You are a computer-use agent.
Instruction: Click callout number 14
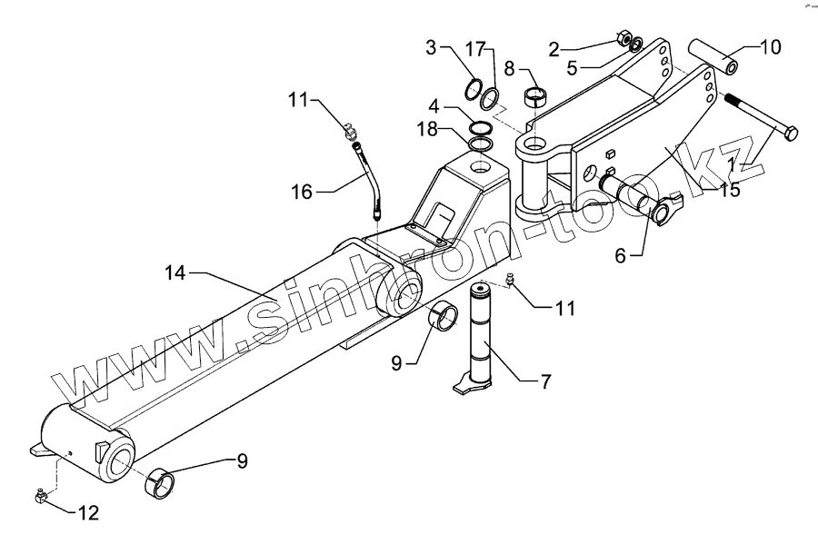[x=177, y=272]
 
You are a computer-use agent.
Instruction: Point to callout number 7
[x=544, y=382]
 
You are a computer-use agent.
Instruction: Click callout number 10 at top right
[x=770, y=47]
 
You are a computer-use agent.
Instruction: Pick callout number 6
[x=621, y=256]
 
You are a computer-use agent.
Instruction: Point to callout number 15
[x=728, y=190]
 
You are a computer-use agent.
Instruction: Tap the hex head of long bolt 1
[x=790, y=134]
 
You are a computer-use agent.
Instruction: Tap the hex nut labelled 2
[x=623, y=38]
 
